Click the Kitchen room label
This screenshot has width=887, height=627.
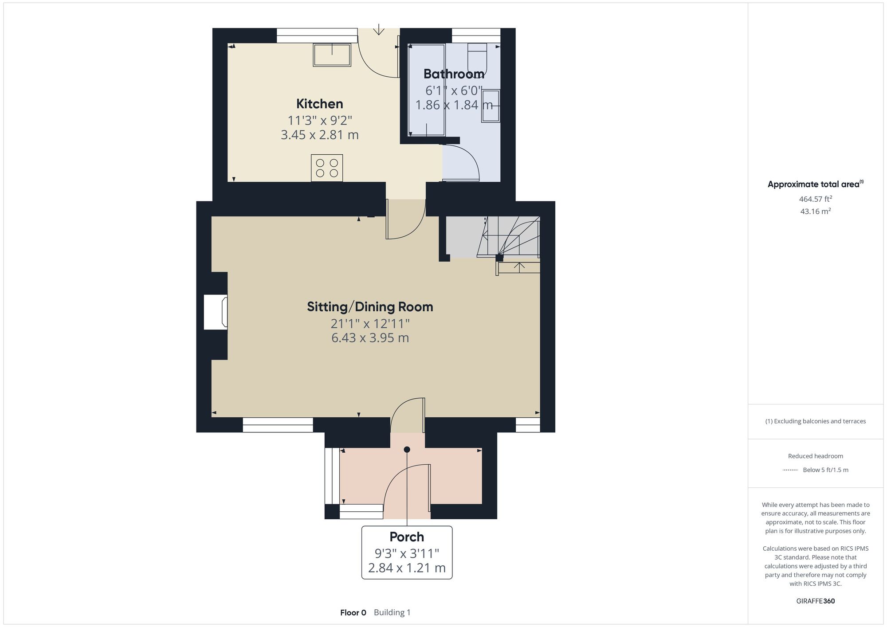point(319,104)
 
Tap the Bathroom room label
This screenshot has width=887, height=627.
point(454,74)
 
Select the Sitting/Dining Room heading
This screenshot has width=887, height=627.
point(370,307)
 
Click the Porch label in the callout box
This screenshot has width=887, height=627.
point(407,537)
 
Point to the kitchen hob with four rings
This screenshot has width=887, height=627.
point(327,168)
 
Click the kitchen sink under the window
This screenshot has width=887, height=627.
point(332,55)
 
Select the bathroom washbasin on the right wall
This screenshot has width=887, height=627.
point(491,106)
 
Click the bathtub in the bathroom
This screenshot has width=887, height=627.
point(427,90)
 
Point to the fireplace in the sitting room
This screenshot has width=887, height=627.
point(216,312)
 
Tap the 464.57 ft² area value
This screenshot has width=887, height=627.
point(815,199)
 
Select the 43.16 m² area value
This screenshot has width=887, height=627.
point(815,212)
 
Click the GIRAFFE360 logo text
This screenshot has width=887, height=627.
point(815,601)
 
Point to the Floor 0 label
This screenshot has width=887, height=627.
point(353,613)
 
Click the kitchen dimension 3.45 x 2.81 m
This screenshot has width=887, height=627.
point(319,135)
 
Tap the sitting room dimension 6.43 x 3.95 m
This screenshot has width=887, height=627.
point(370,338)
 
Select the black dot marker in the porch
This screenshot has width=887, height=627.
point(407,450)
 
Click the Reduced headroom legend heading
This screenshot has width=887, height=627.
point(815,456)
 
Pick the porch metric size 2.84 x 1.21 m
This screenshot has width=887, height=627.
point(407,568)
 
